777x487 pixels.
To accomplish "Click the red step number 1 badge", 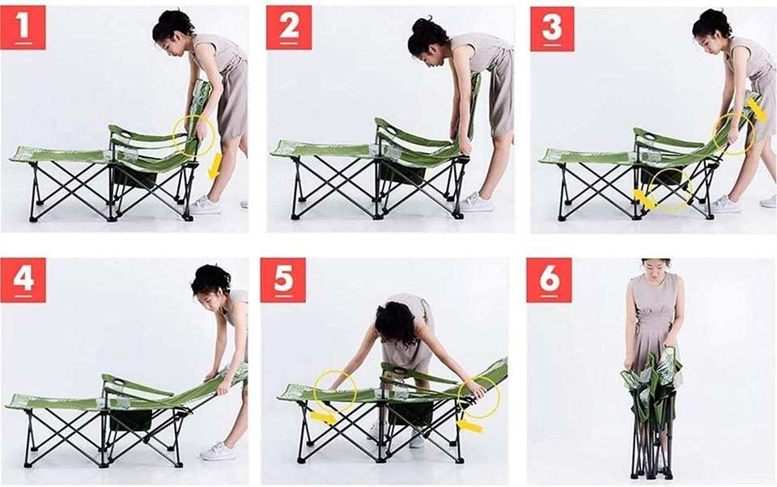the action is click(23, 28).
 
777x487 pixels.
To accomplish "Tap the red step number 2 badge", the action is click(289, 28).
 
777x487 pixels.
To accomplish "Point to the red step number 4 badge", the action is click(23, 280).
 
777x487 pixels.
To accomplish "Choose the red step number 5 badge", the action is click(283, 280).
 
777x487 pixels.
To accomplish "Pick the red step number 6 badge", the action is click(549, 280).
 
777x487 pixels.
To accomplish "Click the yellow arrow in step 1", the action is click(214, 166).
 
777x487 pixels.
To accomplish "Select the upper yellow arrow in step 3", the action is click(756, 109).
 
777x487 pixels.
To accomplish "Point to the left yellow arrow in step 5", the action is click(323, 417).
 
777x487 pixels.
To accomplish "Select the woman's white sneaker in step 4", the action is click(217, 451).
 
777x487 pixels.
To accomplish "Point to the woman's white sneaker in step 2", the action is click(475, 202).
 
